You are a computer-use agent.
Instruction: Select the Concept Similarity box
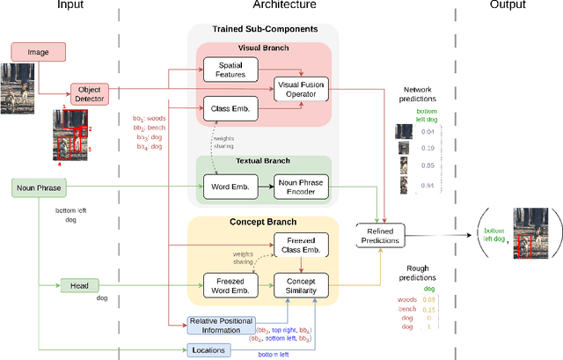click(x=300, y=285)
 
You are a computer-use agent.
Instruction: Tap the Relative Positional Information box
click(x=220, y=326)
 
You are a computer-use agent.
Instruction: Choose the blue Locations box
click(x=208, y=350)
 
